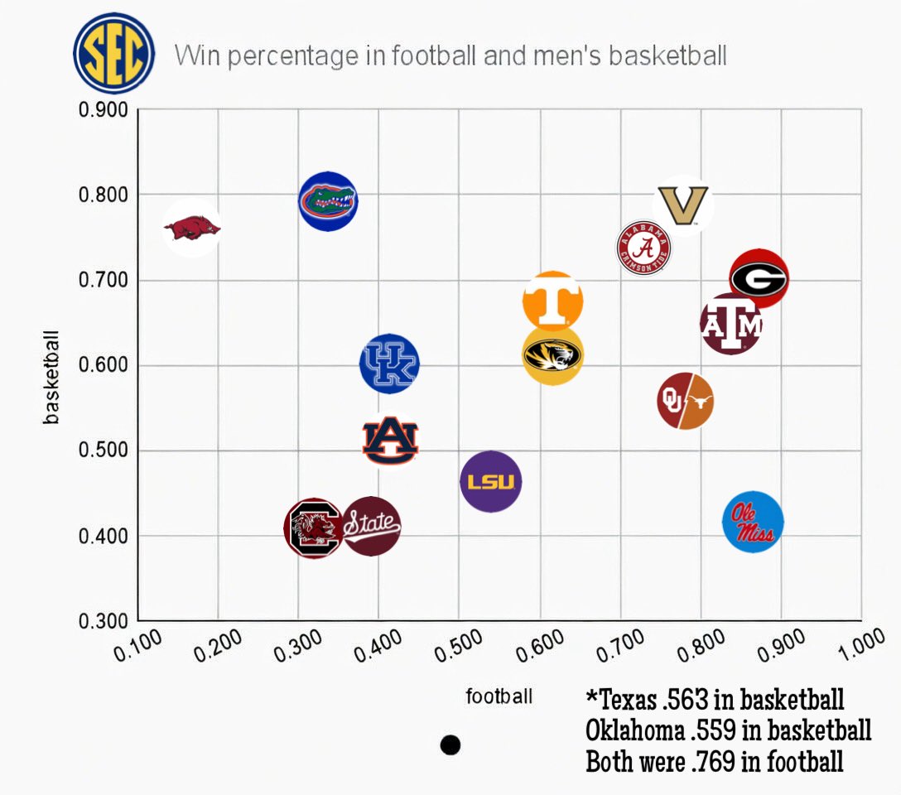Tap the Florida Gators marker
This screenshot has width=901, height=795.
coord(328,200)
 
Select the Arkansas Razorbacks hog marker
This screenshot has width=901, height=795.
coord(192,228)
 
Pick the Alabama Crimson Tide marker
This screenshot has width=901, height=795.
coord(644,248)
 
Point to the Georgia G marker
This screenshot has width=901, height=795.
coord(759,279)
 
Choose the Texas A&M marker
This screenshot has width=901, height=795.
coord(730,324)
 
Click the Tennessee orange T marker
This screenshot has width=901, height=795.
coord(553,301)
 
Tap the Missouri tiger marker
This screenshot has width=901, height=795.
coord(552,355)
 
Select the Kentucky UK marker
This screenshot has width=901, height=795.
coord(389,364)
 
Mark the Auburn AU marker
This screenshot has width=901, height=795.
coord(390,441)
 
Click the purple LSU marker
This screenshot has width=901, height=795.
coord(491,481)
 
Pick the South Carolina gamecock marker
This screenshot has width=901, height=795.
coord(314,528)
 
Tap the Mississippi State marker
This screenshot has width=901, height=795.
coord(372,525)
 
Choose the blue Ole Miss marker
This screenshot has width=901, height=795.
coord(753,522)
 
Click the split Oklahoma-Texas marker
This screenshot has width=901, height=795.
coord(686,402)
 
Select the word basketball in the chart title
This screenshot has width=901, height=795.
coord(667,56)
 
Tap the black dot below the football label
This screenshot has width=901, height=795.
coord(450,745)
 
